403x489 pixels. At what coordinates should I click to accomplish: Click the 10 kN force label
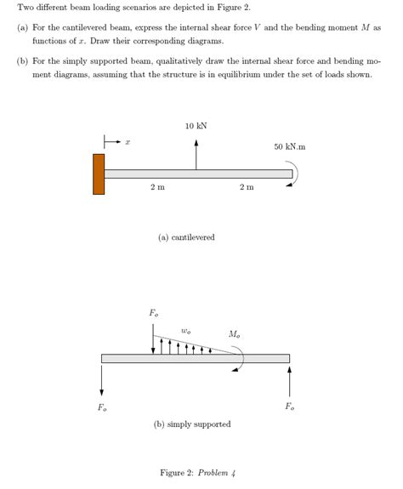(x=196, y=126)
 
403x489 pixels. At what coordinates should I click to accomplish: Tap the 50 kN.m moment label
(x=290, y=147)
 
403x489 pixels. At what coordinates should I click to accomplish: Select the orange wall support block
(x=99, y=173)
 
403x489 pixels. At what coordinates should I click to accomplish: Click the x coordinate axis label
(x=128, y=141)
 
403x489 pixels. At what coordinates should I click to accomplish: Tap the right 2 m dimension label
(x=246, y=187)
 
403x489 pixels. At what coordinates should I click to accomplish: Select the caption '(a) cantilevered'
(x=186, y=237)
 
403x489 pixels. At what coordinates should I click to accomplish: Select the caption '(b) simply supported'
(x=192, y=424)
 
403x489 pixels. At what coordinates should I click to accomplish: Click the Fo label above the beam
(x=153, y=314)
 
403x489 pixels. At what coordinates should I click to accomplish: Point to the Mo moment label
(x=234, y=334)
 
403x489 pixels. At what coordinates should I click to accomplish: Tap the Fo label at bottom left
(x=102, y=407)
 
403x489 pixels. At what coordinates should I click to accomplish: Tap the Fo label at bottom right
(x=289, y=407)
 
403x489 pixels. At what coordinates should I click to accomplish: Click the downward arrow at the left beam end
(x=102, y=379)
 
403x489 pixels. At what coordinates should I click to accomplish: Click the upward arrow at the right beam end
(x=289, y=379)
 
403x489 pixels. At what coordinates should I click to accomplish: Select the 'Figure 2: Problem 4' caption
(x=197, y=472)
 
